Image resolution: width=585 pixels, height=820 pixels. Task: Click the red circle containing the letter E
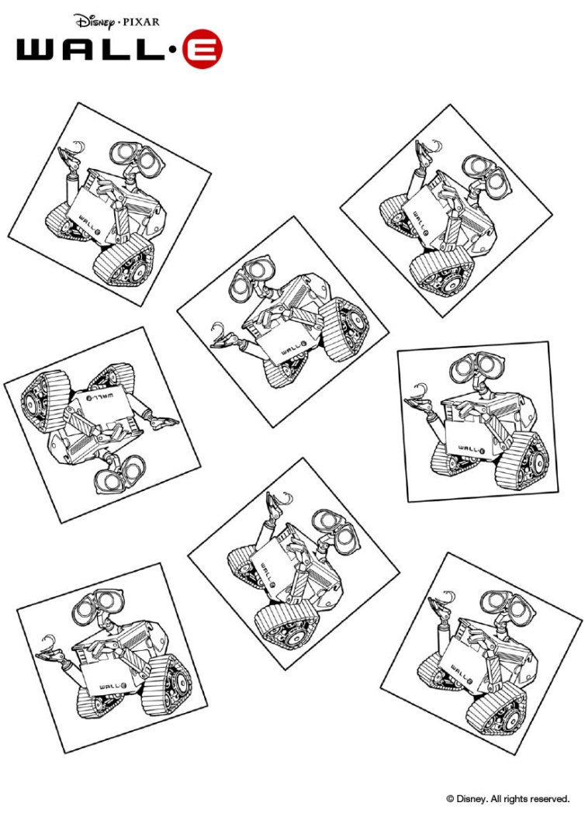click(x=202, y=50)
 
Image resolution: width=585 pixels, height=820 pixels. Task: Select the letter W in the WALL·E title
click(x=38, y=50)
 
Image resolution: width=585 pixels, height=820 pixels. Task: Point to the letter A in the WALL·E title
click(x=83, y=50)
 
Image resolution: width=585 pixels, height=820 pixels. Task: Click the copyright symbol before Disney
click(x=449, y=798)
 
